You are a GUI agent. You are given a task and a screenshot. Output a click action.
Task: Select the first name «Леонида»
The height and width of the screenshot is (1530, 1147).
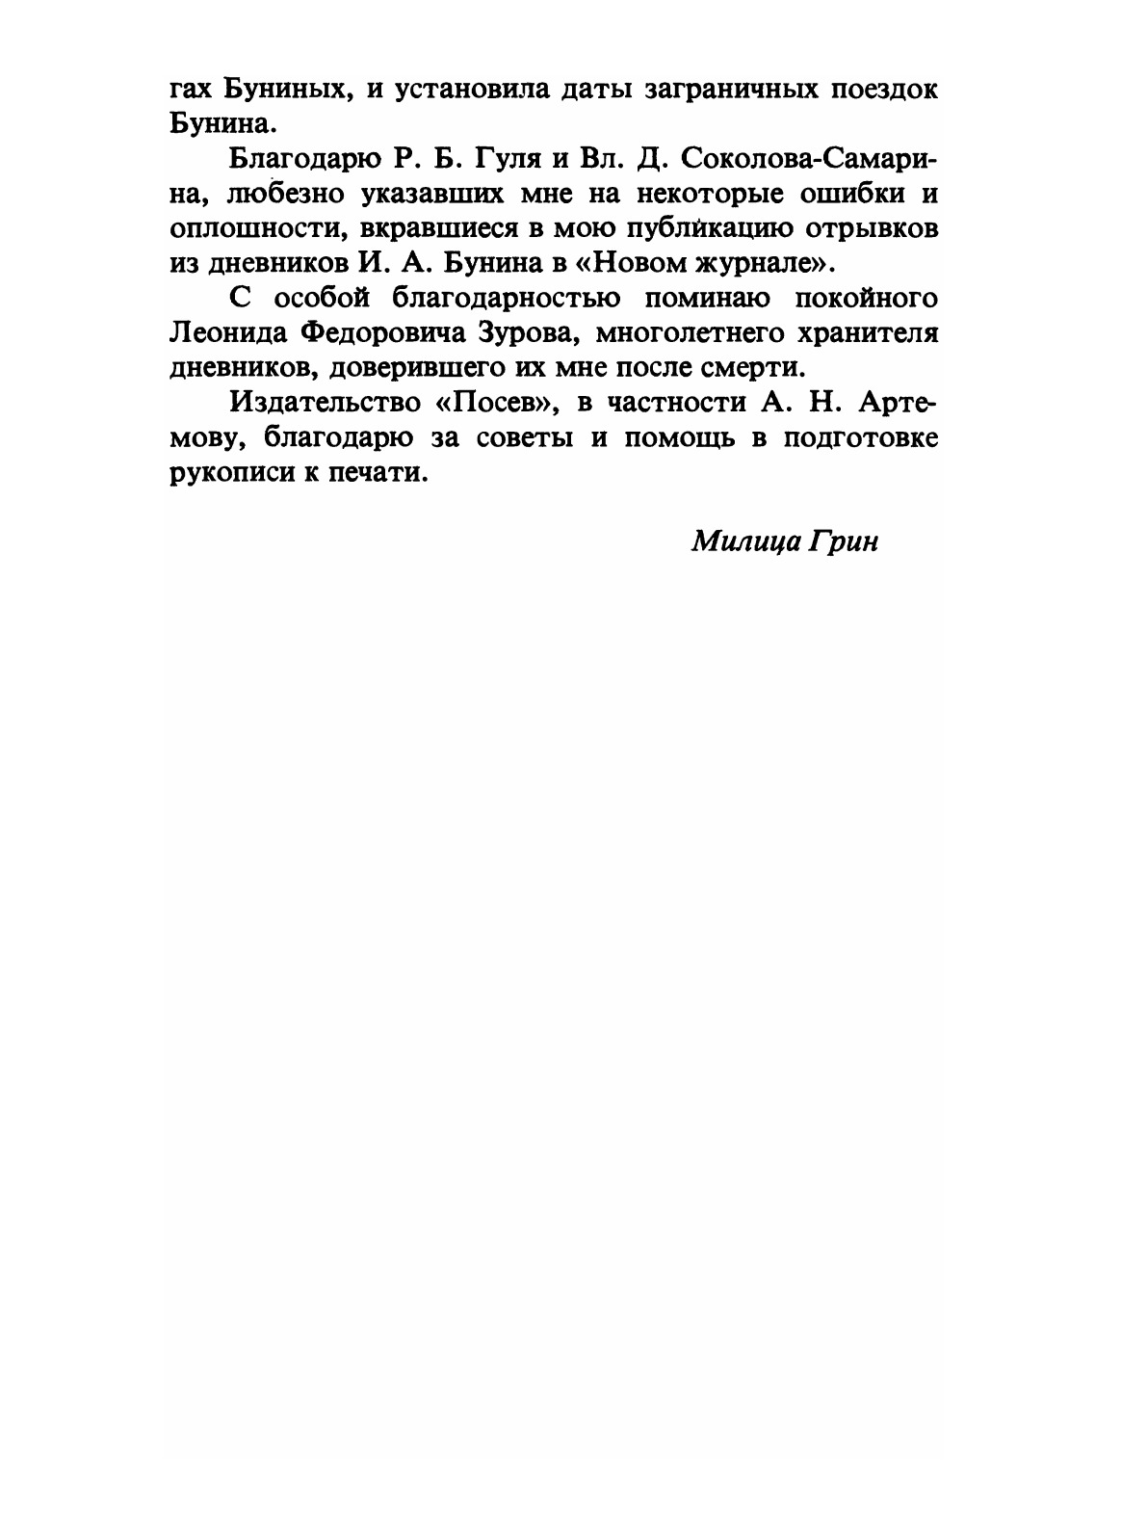click(224, 333)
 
